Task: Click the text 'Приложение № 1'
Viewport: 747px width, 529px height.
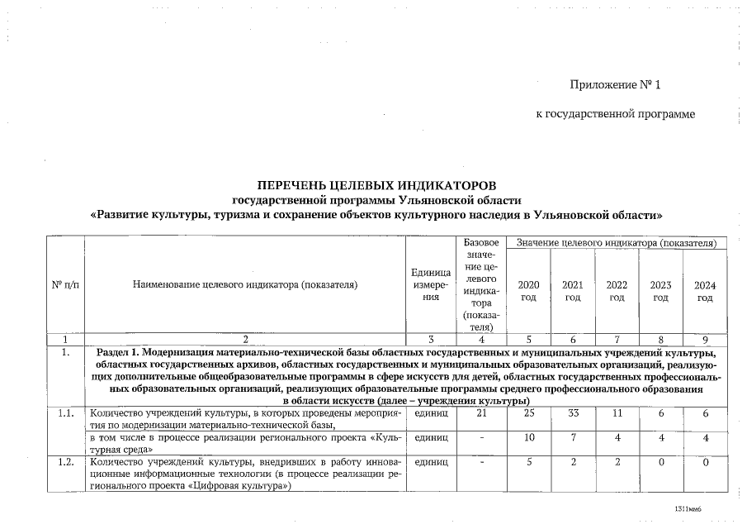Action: coord(615,86)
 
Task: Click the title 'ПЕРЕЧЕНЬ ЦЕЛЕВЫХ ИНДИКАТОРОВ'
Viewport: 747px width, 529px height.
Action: coord(376,183)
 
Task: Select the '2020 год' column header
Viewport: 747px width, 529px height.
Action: coord(528,291)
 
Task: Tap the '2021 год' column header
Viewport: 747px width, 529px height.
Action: coord(572,291)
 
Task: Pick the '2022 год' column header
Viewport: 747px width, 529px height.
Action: coord(617,291)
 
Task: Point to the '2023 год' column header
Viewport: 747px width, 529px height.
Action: coord(660,291)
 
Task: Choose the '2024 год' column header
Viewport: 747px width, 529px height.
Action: coord(704,291)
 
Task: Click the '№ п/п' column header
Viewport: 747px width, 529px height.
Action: coord(65,285)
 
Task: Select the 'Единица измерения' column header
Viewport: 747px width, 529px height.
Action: coord(430,285)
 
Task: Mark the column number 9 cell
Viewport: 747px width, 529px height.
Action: coord(704,339)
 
